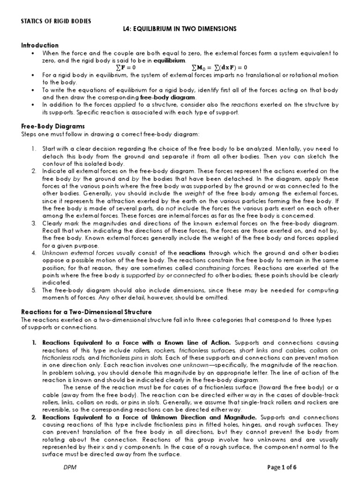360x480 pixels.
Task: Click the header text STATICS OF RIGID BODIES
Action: click(57, 21)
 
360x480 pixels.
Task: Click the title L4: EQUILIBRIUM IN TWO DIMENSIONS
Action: click(180, 29)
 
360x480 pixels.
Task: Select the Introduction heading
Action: click(40, 45)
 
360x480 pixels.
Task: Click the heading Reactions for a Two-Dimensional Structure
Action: click(86, 311)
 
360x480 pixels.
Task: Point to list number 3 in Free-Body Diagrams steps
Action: click(34, 223)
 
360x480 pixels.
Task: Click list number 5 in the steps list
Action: click(34, 291)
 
